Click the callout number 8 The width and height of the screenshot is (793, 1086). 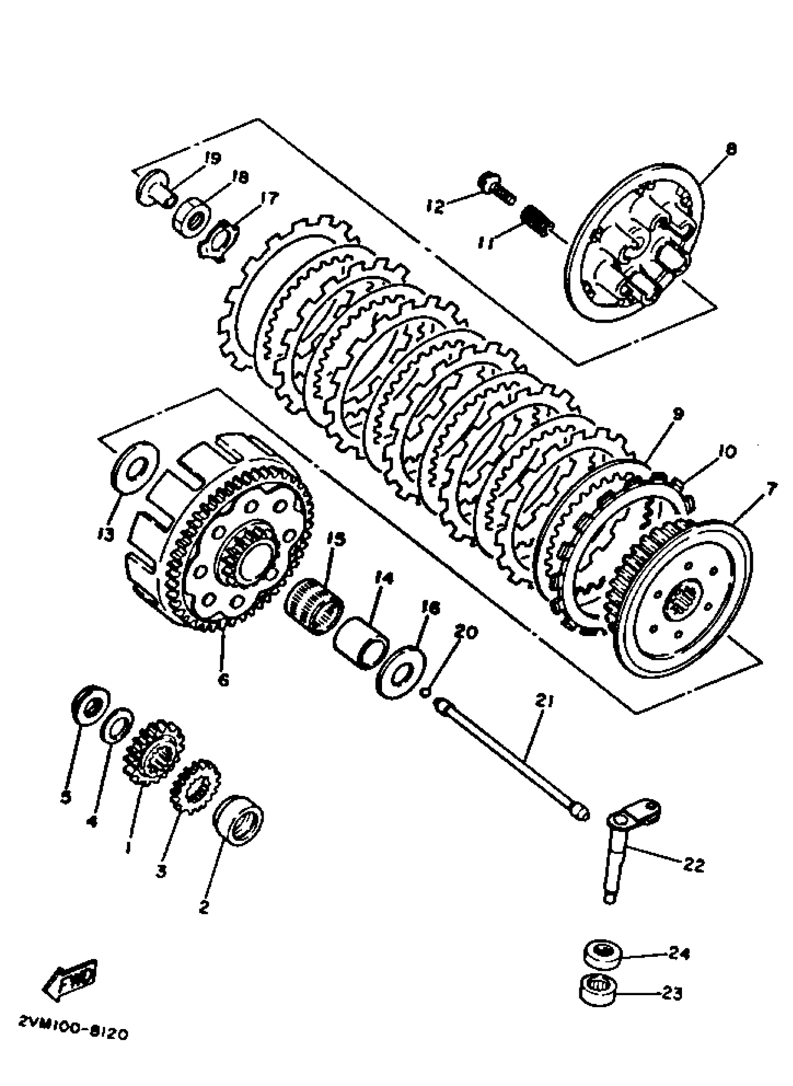tap(730, 149)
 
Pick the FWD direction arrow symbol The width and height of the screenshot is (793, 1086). tap(71, 977)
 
